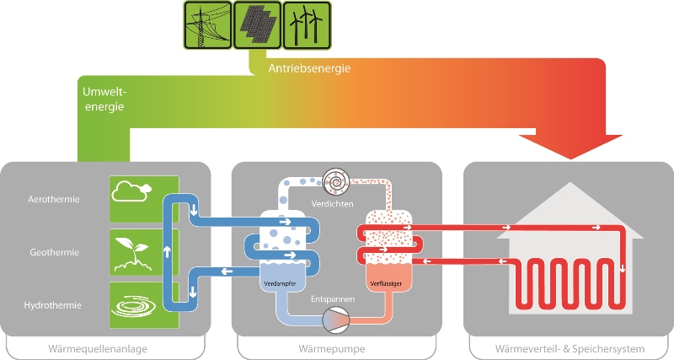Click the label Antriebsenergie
pos(309,68)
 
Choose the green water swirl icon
pos(134,304)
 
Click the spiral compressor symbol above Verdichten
pos(337,181)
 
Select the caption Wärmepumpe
pos(336,348)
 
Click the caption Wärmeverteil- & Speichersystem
pos(569,348)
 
